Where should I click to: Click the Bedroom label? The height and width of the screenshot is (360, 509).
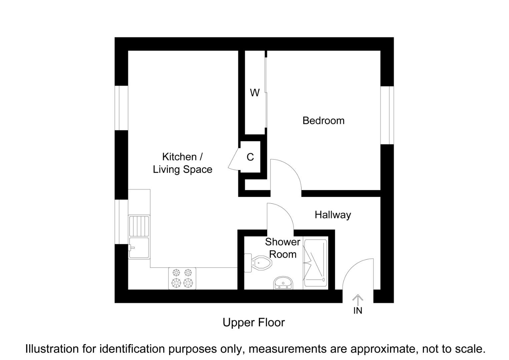[323, 121]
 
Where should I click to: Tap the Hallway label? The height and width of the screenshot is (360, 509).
[333, 215]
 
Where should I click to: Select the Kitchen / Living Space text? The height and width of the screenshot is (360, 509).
[182, 163]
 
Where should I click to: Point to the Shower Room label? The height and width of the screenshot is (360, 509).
[283, 248]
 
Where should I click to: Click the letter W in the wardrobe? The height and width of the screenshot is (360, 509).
[255, 93]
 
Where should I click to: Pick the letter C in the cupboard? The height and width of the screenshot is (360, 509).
[250, 157]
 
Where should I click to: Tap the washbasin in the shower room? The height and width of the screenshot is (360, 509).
[283, 283]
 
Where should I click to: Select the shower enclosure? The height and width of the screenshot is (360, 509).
[315, 264]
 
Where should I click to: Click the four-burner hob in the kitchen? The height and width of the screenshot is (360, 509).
[182, 278]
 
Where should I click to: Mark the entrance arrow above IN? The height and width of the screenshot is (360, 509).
[358, 300]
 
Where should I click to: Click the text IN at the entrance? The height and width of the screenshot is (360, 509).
[358, 311]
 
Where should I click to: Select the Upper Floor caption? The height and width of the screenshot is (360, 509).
[253, 323]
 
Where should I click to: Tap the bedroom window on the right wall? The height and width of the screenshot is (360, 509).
[387, 115]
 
